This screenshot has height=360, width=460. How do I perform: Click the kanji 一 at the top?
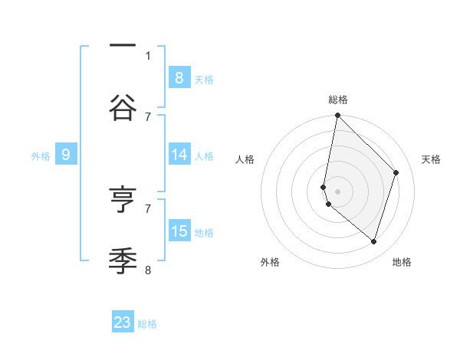[123, 46]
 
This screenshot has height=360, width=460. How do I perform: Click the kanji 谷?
[123, 107]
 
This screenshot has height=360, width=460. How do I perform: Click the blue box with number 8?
[179, 77]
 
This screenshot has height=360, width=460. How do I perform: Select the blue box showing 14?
[179, 155]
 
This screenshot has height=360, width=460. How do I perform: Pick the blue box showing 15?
[179, 231]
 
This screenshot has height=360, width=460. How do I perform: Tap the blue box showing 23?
[123, 322]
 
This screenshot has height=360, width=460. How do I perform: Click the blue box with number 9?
[66, 155]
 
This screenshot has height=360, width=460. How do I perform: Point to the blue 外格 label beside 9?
[41, 155]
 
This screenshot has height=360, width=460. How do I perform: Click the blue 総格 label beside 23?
[147, 324]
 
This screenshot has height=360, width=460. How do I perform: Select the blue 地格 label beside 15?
[204, 233]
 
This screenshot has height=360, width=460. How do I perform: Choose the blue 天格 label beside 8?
[204, 79]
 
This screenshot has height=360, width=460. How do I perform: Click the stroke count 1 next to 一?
[148, 55]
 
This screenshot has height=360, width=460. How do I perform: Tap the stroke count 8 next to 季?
[148, 270]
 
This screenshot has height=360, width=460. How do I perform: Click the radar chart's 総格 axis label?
[338, 100]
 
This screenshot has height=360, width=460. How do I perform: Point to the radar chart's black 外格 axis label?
[270, 263]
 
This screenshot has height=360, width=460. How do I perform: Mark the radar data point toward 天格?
[396, 172]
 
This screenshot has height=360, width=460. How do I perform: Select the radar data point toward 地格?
[374, 242]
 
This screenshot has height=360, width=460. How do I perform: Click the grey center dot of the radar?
[338, 191]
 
